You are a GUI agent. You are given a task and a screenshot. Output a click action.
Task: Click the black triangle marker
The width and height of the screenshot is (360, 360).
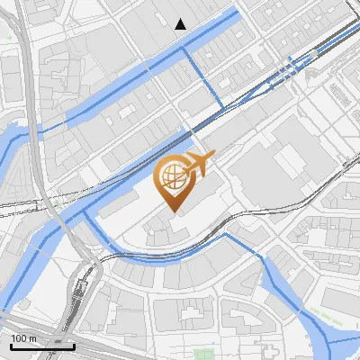coord(181,24)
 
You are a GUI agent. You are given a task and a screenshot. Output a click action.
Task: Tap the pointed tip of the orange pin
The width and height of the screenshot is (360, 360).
coord(174,211)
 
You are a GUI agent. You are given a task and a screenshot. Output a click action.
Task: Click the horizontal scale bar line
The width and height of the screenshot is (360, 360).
coord(42,346)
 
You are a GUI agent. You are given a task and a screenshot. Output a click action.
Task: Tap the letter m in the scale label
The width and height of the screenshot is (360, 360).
coord(33,338)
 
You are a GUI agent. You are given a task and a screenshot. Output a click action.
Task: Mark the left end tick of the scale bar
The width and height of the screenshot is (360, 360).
coord(11,345)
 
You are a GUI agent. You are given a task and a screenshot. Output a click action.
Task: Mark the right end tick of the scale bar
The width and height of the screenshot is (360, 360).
coord(74,345)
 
